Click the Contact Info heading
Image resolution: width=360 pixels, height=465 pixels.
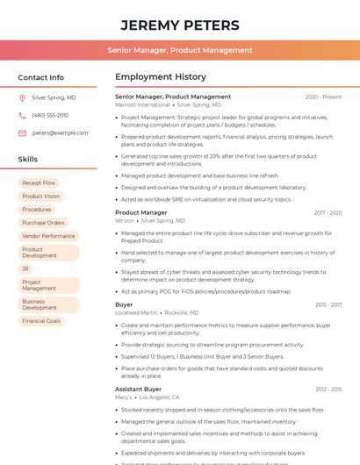coord(40,77)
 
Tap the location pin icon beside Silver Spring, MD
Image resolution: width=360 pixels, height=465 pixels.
coord(22,97)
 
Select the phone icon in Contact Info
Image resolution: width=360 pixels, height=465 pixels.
coord(22,115)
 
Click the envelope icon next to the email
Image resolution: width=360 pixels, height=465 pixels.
coord(22,132)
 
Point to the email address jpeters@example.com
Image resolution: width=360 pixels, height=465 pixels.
coord(60,132)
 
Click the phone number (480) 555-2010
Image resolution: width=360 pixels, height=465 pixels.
coord(50,115)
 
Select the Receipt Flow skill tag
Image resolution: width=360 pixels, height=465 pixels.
coord(39,182)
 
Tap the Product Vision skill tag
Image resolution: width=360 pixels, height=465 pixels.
coord(41,197)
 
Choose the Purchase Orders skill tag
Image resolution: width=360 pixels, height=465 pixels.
coord(43,223)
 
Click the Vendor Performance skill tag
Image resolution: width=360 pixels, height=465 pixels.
coord(48,236)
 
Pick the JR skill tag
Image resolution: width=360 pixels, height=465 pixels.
coord(26,268)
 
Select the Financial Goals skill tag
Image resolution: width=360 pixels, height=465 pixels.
coord(41,321)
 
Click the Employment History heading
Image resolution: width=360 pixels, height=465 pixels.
coord(160,77)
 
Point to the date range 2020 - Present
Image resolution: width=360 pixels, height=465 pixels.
coord(323,97)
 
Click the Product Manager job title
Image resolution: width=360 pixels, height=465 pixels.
coord(140,212)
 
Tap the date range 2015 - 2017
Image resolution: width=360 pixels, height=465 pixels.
coord(328,304)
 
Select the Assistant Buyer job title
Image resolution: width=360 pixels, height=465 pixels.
coord(138,389)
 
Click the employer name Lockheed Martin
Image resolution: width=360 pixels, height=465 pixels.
coord(136,312)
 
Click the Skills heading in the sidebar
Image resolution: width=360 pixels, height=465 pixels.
coord(28,160)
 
